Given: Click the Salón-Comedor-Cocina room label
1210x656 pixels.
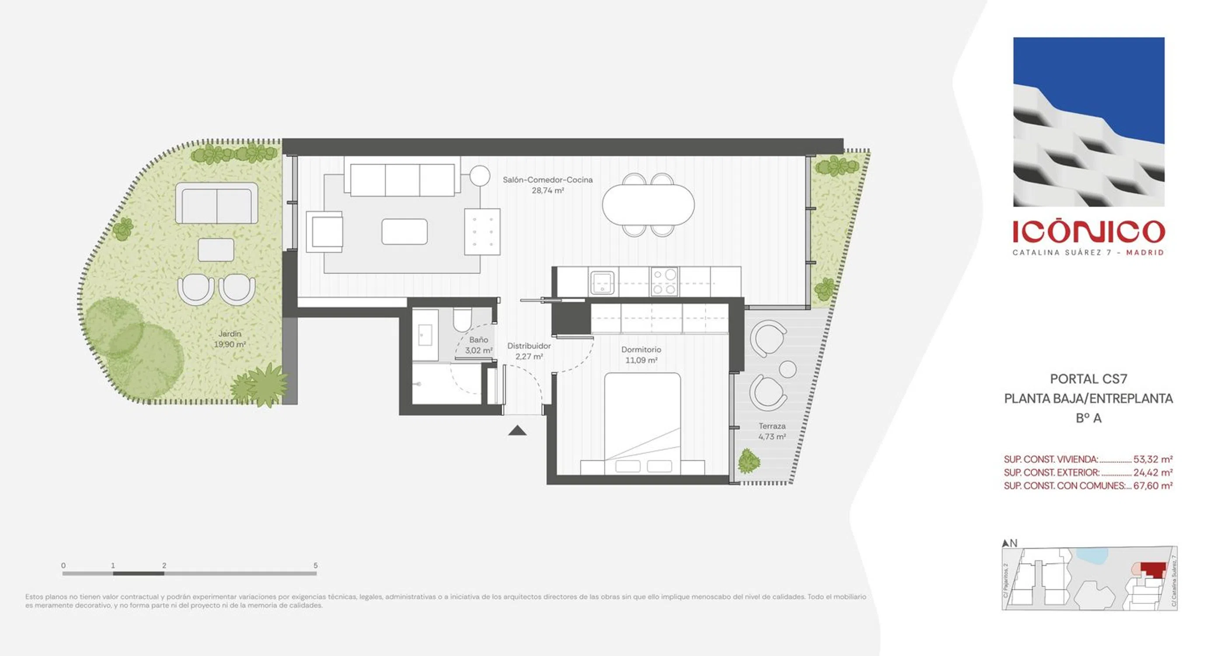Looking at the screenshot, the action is [x=548, y=179].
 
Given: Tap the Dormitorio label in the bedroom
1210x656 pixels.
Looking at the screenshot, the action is [x=641, y=349].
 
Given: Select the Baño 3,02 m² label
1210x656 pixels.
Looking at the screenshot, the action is [x=479, y=345].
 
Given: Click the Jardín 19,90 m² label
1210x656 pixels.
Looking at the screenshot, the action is [x=229, y=339].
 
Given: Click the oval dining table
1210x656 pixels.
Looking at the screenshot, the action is [x=648, y=204].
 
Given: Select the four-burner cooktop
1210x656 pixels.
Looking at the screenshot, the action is [x=664, y=282].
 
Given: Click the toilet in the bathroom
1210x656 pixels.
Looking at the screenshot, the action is [x=462, y=320].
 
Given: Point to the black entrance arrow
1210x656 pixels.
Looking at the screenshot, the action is [x=517, y=430].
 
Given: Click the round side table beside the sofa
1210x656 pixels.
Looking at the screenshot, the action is [x=480, y=176].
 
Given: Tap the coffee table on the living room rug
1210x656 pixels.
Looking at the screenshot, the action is [x=404, y=232].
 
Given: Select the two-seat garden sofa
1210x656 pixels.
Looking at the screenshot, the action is [x=216, y=203].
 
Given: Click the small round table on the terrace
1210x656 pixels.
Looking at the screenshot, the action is [x=788, y=370].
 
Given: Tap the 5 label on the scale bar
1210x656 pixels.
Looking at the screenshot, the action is [x=316, y=565].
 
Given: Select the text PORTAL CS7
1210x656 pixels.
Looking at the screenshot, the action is [x=1088, y=379].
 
